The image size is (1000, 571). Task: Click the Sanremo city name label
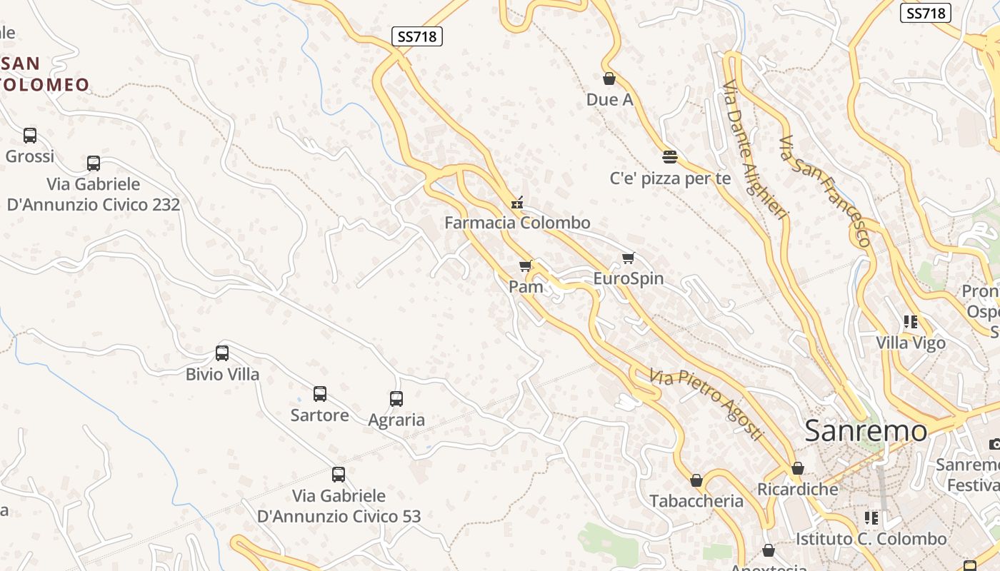pos(866,431)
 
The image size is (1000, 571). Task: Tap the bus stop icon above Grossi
pos(30,135)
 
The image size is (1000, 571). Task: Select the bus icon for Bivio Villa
pos(222,353)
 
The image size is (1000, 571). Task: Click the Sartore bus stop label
pos(320,415)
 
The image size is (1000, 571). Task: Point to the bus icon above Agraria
pos(396,399)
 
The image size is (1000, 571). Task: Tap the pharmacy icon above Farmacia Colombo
pos(516,203)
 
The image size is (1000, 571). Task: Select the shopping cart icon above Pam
pos(526,266)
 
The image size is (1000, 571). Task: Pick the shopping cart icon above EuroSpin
pos(628,258)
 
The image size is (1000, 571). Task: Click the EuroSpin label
pos(629,278)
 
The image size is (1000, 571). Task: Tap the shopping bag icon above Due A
pos(609,79)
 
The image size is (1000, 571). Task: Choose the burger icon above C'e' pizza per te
pos(669,156)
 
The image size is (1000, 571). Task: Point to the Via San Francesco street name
pos(825,191)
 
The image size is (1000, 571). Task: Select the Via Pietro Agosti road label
pos(706,404)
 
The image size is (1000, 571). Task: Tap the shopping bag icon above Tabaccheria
pos(696,480)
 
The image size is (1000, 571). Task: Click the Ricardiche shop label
pos(797,490)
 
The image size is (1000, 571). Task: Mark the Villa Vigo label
pos(911,343)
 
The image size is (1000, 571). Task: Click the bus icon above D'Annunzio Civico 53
pos(339,474)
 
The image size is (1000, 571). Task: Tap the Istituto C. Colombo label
pos(871,539)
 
